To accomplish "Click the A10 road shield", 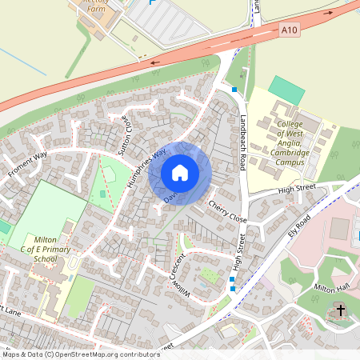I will [x=290, y=30].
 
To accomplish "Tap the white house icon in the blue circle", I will [x=180, y=172].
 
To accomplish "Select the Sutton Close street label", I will [x=123, y=135].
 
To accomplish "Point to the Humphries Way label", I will [x=146, y=167].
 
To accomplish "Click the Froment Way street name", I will [x=27, y=164].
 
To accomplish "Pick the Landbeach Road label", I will [x=244, y=141].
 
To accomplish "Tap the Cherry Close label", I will [x=227, y=210].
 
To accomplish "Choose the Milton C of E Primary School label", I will [x=56, y=249].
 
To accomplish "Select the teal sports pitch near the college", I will [x=286, y=89].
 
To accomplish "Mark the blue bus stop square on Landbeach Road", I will [x=234, y=90].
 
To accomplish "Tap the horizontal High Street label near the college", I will [x=298, y=190].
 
